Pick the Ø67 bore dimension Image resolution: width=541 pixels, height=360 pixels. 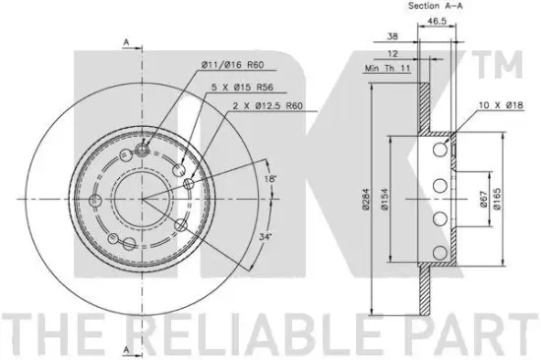tap(482, 202)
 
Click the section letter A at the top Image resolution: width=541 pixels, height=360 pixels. tap(127, 41)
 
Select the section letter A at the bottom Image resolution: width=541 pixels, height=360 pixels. tap(127, 350)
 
